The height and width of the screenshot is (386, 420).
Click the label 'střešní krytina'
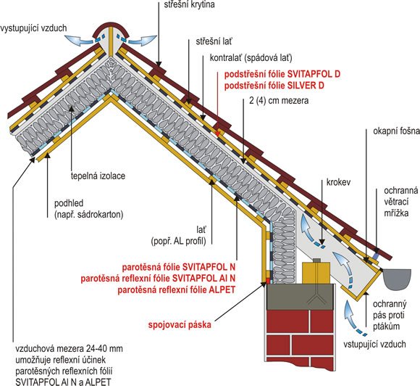[190, 4]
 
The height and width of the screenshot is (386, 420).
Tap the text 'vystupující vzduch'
[33, 28]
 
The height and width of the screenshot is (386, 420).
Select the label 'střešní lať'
[214, 41]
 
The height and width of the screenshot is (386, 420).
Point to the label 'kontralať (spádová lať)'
[251, 58]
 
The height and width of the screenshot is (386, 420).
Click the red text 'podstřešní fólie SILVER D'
[274, 86]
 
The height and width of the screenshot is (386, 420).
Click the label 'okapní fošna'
[396, 131]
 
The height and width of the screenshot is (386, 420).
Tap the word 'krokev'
[338, 182]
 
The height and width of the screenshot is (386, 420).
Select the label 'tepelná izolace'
[98, 176]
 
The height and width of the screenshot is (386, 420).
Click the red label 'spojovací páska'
[180, 325]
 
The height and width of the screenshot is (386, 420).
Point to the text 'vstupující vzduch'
[374, 344]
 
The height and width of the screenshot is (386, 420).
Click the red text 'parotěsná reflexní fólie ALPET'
[176, 290]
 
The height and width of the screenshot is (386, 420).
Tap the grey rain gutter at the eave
[398, 279]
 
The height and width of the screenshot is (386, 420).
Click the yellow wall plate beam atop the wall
[316, 272]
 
